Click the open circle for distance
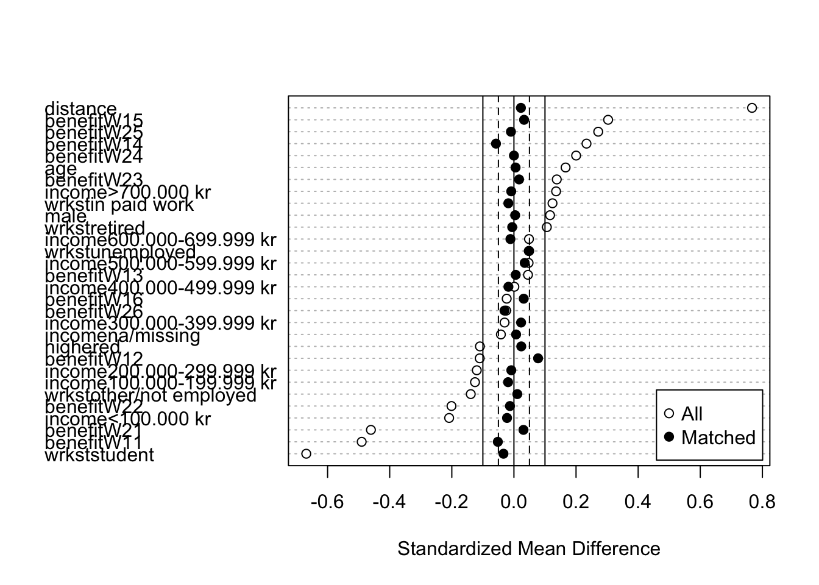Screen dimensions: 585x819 (751, 108)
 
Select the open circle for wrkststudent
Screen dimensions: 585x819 (306, 454)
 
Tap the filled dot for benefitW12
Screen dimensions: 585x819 (538, 358)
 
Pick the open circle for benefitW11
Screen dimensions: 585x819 (361, 442)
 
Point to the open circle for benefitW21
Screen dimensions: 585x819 (370, 430)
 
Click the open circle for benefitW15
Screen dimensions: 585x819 (608, 119)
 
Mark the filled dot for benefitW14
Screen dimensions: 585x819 (496, 144)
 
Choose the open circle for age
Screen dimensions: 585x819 (565, 168)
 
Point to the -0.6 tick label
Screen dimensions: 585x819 (328, 502)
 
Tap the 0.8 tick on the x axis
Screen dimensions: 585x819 (762, 502)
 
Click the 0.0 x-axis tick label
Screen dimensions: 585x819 (514, 502)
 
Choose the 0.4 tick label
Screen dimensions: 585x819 (638, 502)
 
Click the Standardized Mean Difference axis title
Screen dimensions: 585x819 (528, 549)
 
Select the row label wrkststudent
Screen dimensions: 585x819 (99, 455)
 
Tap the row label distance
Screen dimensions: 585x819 (80, 109)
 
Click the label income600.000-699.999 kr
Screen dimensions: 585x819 (161, 240)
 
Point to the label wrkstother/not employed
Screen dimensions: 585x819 (151, 395)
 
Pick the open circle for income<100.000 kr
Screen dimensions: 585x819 (449, 418)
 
